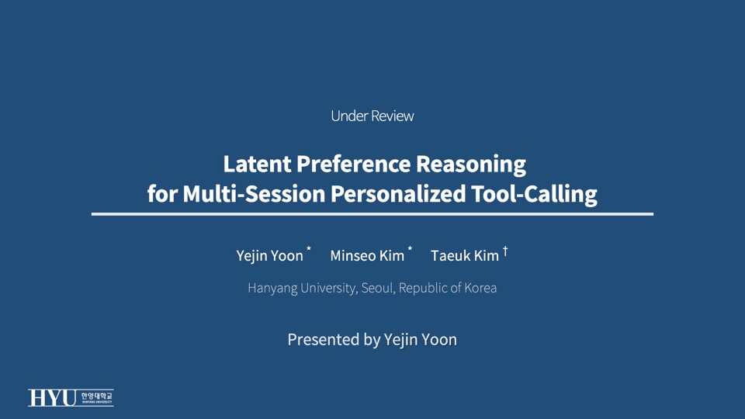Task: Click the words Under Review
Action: coord(372,116)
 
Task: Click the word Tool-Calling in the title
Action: coord(535,194)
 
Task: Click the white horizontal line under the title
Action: coord(372,213)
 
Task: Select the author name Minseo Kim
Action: coord(367,256)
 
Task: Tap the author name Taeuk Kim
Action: coord(465,256)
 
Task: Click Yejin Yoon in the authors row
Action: coord(270,256)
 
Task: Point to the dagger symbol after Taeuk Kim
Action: coord(505,251)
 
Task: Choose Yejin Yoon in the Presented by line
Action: coord(421,340)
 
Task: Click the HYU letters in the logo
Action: coord(53,398)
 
